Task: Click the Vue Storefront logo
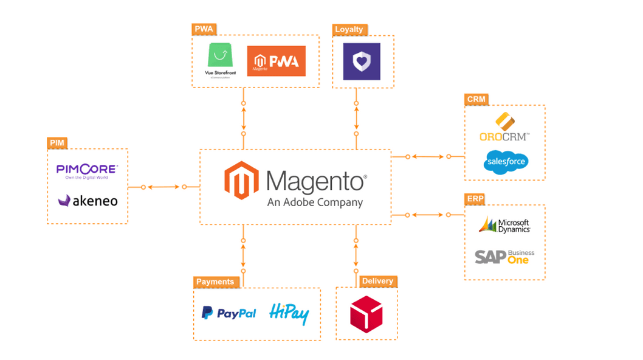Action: (219, 60)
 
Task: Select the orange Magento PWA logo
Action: (276, 61)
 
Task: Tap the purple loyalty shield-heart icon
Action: (362, 61)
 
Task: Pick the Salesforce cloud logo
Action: (505, 162)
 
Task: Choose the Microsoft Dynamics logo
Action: (504, 225)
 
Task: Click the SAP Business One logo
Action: (504, 257)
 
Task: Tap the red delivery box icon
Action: (366, 314)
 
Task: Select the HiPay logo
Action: (289, 313)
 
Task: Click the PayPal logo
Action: (229, 313)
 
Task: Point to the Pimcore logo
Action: (87, 171)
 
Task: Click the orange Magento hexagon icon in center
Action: (241, 181)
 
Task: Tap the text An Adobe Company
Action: (315, 202)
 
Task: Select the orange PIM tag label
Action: (57, 143)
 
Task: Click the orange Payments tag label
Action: (215, 282)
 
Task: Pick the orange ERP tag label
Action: (475, 199)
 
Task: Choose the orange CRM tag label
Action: (476, 99)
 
